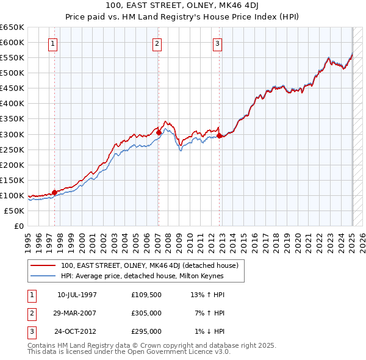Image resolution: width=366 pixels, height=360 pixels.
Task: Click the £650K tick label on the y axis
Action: click(x=12, y=27)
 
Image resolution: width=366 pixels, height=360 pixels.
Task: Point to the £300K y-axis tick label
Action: click(x=12, y=134)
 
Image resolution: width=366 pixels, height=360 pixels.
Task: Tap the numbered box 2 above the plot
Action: click(x=157, y=43)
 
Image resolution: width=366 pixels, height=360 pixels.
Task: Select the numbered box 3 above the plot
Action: click(x=218, y=43)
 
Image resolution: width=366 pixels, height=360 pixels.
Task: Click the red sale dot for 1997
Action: click(x=54, y=192)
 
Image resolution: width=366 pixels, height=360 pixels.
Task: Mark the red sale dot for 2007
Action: click(x=158, y=132)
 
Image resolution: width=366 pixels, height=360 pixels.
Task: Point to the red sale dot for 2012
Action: click(x=218, y=135)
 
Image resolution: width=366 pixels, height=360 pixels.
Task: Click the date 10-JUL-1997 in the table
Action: click(x=77, y=295)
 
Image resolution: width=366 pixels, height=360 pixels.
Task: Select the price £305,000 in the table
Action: click(x=146, y=313)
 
